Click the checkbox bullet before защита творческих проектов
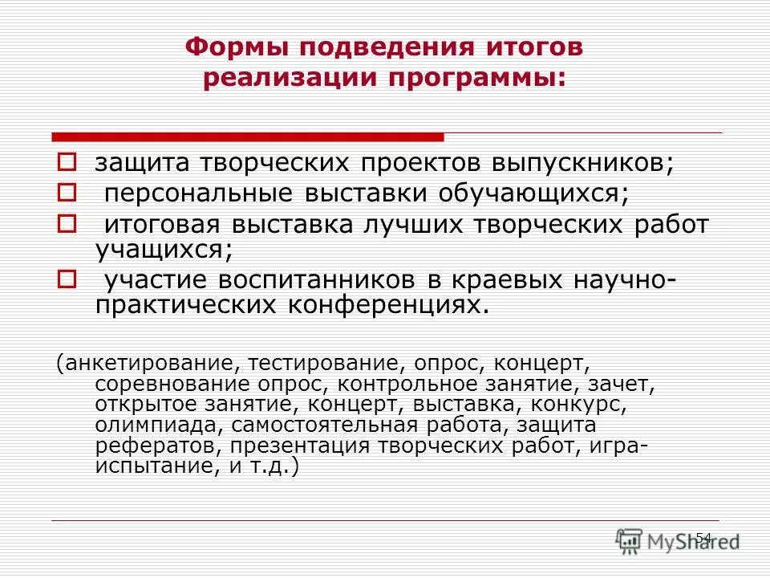67,162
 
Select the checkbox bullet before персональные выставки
67,193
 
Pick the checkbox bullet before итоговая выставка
67,224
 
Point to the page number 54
703,537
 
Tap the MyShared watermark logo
678,540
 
